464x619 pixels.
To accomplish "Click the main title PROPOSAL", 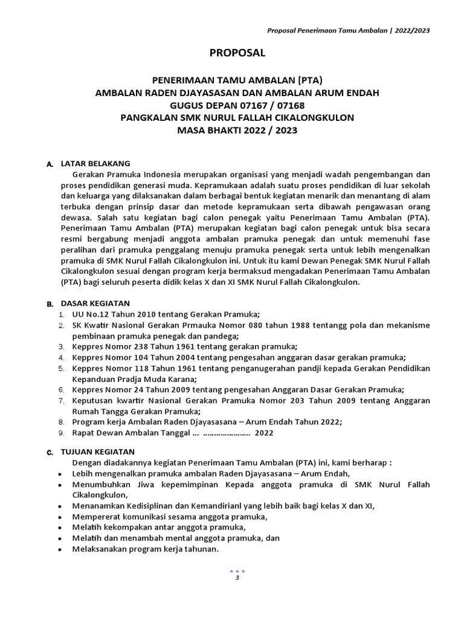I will click(x=237, y=53).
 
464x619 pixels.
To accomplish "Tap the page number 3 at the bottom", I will click(x=237, y=578).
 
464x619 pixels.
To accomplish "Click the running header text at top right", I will click(x=349, y=31).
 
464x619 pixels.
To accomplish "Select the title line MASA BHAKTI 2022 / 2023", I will click(x=237, y=130).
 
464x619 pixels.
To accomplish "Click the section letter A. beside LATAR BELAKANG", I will click(x=50, y=164).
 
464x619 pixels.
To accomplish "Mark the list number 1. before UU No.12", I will click(x=61, y=314).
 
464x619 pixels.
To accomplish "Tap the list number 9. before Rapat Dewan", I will click(x=61, y=433).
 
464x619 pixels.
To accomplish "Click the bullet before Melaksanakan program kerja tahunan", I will click(x=59, y=549).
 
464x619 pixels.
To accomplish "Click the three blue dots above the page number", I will click(x=237, y=571).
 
